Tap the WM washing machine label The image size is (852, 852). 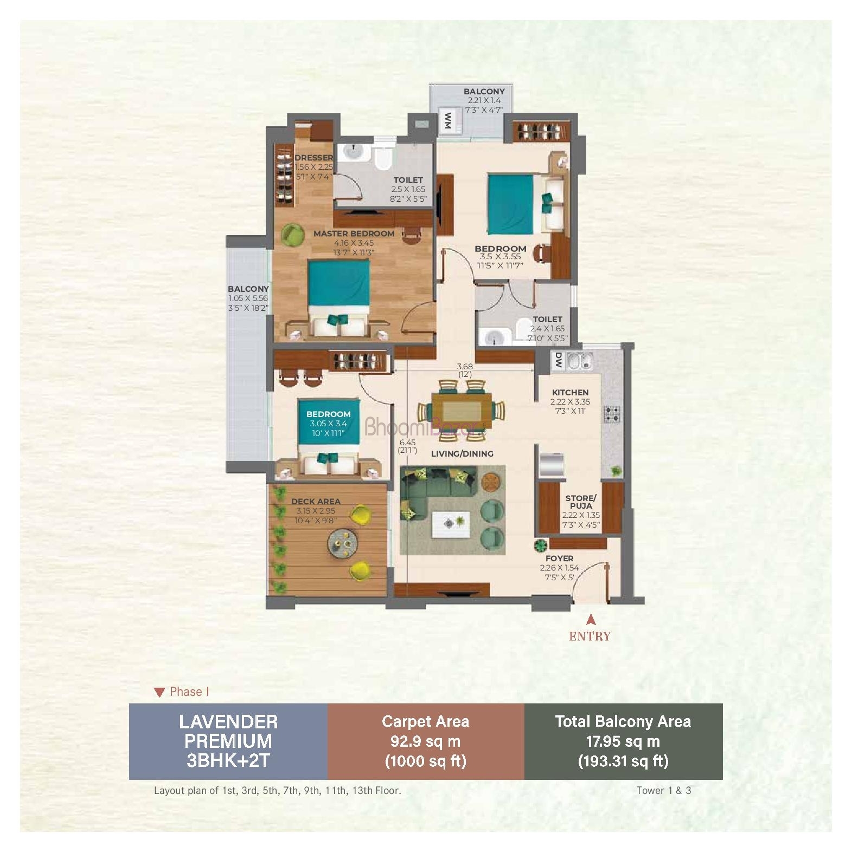[449, 120]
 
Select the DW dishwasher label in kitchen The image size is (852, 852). [558, 360]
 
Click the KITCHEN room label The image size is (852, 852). [570, 392]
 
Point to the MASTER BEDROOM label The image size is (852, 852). [354, 234]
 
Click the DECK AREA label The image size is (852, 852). [316, 502]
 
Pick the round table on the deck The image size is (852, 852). [343, 544]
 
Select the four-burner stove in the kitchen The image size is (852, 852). [612, 414]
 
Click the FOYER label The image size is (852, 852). [559, 558]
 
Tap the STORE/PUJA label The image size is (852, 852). [581, 502]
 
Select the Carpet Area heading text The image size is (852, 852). [425, 721]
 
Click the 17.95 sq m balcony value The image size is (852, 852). [623, 741]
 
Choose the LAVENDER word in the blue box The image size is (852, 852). [228, 722]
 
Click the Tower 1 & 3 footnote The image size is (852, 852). [664, 790]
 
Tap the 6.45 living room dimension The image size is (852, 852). [407, 442]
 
